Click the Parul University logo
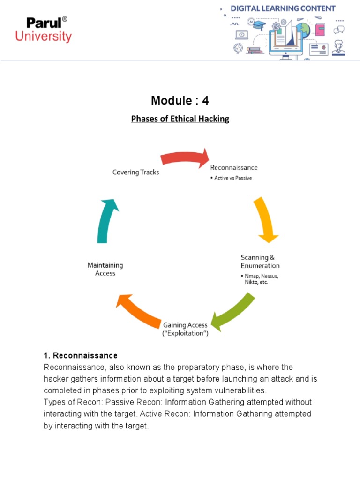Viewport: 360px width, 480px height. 43,29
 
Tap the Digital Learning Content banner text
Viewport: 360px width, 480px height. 283,8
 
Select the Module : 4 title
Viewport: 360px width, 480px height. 180,100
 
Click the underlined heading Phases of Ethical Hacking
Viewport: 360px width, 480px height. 180,119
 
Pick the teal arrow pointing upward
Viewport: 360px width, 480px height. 107,219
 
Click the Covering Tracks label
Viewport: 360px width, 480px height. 135,172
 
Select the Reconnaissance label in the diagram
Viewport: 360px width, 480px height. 233,167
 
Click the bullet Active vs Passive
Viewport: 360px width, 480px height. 232,178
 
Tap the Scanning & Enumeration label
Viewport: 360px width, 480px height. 260,262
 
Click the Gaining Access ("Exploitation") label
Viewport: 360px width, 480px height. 186,329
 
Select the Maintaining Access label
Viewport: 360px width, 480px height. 105,269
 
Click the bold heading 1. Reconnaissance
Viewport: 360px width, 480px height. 80,355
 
